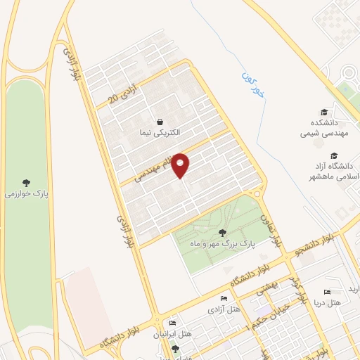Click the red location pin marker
coord(181,165)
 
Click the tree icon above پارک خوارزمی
coord(27,182)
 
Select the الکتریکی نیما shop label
coord(160,132)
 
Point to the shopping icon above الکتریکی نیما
coord(160,121)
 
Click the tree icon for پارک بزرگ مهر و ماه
coord(223,233)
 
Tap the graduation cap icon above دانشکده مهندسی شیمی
coord(323,112)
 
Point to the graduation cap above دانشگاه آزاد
coord(335,155)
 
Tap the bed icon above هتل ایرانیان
coord(173,323)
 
